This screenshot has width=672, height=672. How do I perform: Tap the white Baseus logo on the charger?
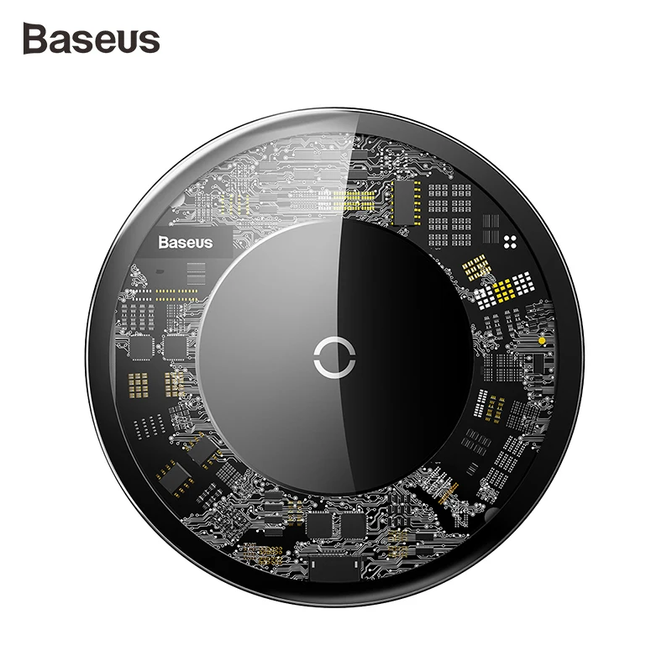186,243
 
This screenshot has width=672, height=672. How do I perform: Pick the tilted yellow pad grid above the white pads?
475,268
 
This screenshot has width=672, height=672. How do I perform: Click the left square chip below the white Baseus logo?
141,344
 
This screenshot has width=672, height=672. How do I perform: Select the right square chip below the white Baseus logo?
174,344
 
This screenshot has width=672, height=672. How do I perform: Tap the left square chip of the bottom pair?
320,525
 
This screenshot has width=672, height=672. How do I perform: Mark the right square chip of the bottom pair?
350,525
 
